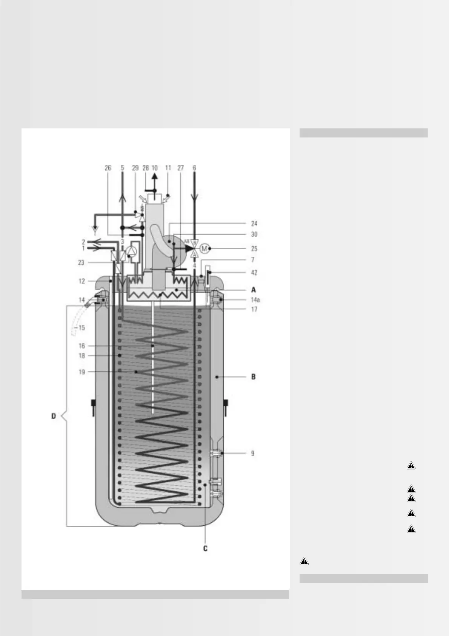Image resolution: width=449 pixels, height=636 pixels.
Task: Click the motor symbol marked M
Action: (x=204, y=249)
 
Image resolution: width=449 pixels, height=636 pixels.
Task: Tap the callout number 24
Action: (x=254, y=224)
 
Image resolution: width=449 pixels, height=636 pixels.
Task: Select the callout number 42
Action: (x=254, y=273)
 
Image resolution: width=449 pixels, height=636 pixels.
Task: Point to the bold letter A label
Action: (x=254, y=290)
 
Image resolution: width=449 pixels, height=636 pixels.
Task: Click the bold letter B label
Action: (x=254, y=377)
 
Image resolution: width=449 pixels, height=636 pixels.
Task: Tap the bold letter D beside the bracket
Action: (x=54, y=416)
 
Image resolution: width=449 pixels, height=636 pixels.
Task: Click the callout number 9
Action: (x=253, y=454)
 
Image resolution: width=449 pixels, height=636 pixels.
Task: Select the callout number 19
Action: (x=82, y=372)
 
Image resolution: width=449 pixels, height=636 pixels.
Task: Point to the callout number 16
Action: (x=82, y=346)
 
